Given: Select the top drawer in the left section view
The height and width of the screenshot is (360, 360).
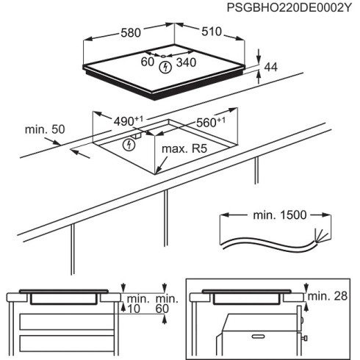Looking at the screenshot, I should click(x=66, y=321).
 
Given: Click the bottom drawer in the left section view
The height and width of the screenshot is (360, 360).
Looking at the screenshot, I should click(x=66, y=344).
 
